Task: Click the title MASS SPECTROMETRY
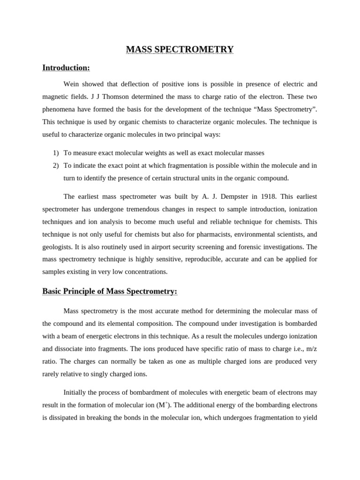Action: coord(180,49)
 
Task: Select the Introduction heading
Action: coord(66,68)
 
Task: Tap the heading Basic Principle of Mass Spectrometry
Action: coord(110,292)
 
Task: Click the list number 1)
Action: coord(56,153)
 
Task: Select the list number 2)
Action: coord(56,165)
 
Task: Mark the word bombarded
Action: coord(300,324)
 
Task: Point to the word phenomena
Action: coord(60,110)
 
